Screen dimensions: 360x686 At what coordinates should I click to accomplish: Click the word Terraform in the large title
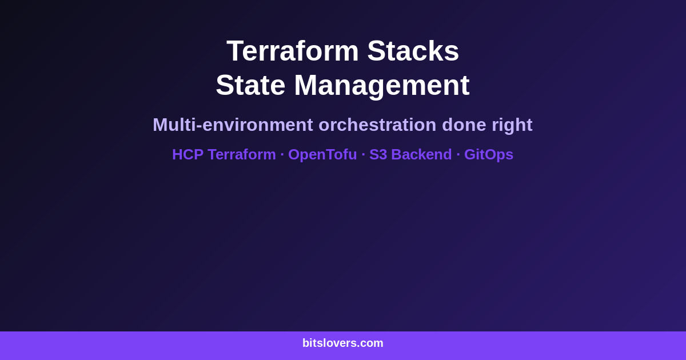tap(292, 51)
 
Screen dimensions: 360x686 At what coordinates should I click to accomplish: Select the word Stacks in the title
tap(413, 51)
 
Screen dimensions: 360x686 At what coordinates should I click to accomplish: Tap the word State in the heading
tap(250, 85)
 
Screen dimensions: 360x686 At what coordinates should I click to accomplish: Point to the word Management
tap(381, 85)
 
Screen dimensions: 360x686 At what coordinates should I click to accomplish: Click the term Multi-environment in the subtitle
tap(233, 125)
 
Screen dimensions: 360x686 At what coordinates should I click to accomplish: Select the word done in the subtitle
tap(464, 125)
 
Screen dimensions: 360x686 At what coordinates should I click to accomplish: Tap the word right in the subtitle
tap(512, 125)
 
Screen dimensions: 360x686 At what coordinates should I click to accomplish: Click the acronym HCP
tap(188, 154)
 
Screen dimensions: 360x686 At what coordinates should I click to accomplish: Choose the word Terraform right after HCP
tap(242, 154)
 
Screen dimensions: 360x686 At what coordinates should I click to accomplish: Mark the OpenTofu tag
tap(322, 154)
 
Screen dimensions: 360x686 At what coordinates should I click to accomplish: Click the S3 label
tap(378, 154)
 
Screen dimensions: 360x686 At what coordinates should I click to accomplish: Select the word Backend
tap(421, 154)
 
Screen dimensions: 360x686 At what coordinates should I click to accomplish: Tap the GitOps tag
tap(489, 154)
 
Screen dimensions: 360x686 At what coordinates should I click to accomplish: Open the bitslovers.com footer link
tap(343, 343)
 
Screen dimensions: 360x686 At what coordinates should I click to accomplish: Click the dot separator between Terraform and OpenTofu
tap(282, 154)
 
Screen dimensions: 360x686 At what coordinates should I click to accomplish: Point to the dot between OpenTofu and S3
tap(363, 154)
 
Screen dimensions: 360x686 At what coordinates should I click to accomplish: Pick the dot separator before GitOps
tap(458, 154)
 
